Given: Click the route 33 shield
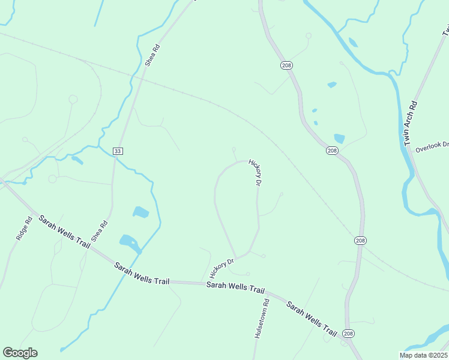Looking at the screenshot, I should coord(118,151).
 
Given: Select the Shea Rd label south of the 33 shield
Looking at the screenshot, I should coord(100,231).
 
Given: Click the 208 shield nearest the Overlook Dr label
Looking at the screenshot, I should coord(333,151).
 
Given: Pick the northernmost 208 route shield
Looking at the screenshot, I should coord(286,64).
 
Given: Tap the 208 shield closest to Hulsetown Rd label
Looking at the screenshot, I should coord(348,333).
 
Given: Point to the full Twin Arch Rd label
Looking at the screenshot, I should coord(411,124).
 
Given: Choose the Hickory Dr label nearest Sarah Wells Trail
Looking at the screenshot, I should coord(221,267).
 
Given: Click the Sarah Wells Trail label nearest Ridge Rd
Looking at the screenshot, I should coord(65,232).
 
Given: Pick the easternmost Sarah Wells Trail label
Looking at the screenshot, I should coord(312,318).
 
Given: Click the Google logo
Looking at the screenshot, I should coord(20,353).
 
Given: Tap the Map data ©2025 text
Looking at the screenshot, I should coord(423,355).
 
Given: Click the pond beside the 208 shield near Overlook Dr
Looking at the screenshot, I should coord(339,139).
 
